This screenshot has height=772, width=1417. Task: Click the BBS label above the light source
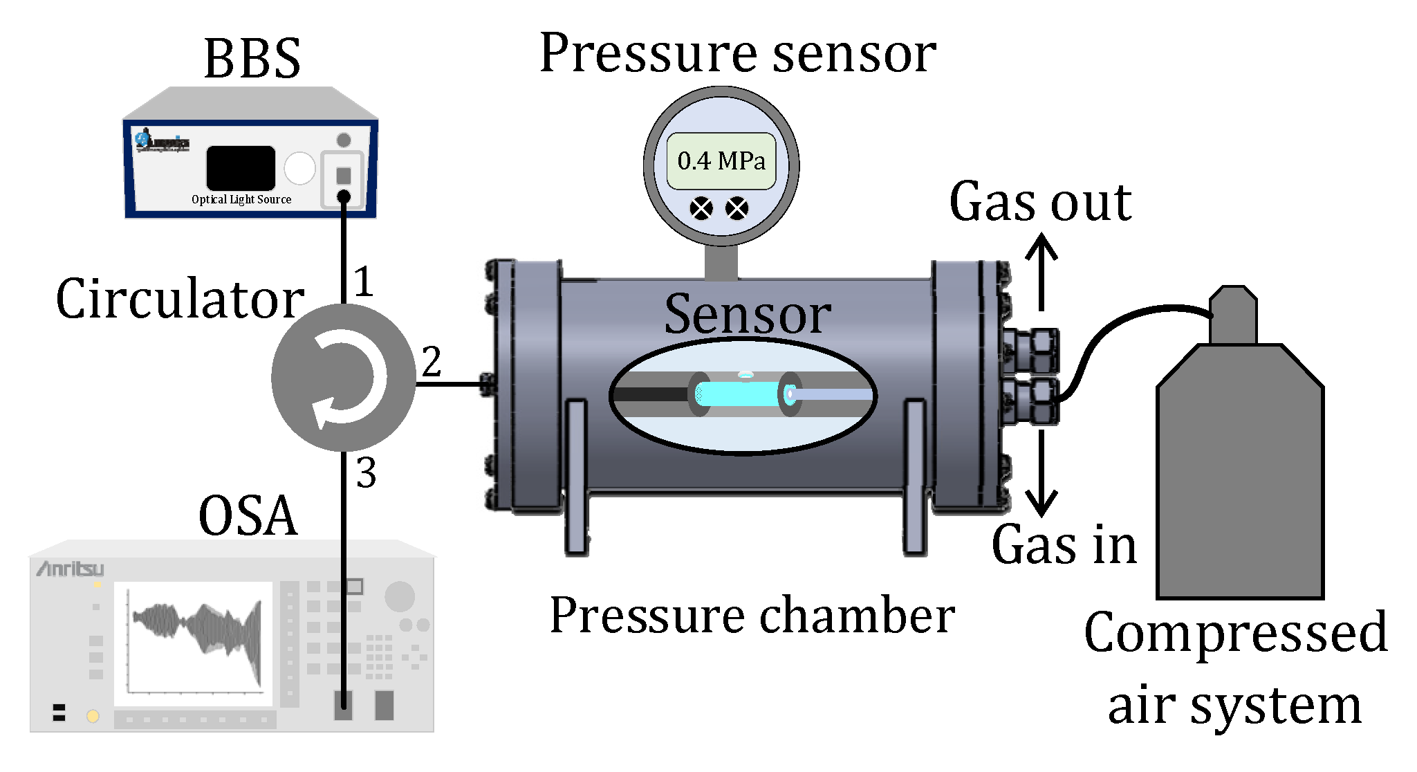pyautogui.click(x=252, y=59)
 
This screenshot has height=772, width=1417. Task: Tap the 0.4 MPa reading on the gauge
pyautogui.click(x=721, y=161)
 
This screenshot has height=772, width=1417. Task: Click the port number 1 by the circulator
pyautogui.click(x=364, y=282)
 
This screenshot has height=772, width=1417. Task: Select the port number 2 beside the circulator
pyautogui.click(x=432, y=362)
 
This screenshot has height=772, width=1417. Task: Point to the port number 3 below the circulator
pyautogui.click(x=367, y=474)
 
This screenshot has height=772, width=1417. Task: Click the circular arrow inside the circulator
pyautogui.click(x=346, y=378)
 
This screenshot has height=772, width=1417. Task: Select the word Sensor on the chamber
pyautogui.click(x=747, y=315)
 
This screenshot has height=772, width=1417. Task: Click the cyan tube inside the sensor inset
pyautogui.click(x=737, y=394)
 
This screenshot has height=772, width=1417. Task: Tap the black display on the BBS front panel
pyautogui.click(x=241, y=167)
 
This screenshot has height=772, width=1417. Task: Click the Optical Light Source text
pyautogui.click(x=241, y=199)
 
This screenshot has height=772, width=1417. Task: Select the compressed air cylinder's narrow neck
pyautogui.click(x=1233, y=315)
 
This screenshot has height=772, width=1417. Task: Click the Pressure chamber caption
pyautogui.click(x=752, y=616)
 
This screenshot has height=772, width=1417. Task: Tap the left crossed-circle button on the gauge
pyautogui.click(x=701, y=208)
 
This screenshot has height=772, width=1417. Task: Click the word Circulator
pyautogui.click(x=180, y=300)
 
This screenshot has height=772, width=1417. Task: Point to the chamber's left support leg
pyautogui.click(x=575, y=477)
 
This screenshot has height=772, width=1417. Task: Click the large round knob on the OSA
pyautogui.click(x=399, y=596)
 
